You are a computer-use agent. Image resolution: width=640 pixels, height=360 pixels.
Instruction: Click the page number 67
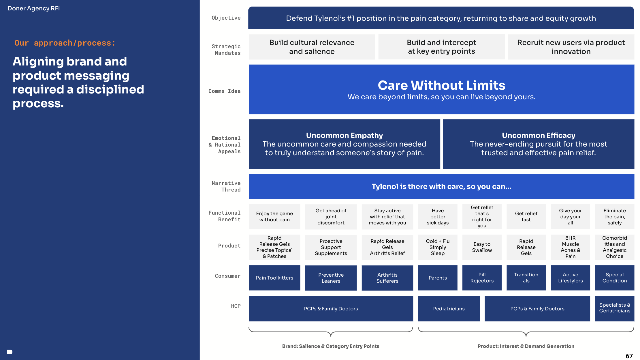point(629,356)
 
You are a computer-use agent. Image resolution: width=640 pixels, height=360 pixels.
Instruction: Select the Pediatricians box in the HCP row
point(449,309)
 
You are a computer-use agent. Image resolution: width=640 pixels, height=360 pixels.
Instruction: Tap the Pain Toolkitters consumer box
point(274,278)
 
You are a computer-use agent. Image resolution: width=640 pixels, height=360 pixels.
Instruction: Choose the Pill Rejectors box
point(482,278)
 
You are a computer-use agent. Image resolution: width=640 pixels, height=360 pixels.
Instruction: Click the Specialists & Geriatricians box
point(615,309)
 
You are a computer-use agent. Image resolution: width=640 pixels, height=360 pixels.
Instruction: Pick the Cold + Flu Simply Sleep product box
point(438,247)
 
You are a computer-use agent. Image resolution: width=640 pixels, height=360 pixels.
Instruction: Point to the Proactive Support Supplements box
point(331,247)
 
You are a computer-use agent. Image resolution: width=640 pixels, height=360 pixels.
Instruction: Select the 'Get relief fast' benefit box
point(526,217)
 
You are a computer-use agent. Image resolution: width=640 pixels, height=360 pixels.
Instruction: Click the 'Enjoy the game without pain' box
point(274,217)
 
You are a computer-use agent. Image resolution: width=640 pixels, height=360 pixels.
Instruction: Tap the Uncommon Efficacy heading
point(539,135)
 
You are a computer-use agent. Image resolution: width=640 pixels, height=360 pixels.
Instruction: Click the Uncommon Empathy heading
point(345,135)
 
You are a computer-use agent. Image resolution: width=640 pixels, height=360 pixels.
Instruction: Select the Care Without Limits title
point(441,85)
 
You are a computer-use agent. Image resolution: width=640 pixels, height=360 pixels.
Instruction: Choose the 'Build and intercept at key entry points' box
point(441,47)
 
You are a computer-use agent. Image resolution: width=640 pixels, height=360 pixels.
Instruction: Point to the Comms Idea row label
point(224,91)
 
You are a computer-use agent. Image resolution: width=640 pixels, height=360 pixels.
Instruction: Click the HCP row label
point(236,306)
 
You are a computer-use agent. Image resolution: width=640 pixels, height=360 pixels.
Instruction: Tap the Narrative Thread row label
point(226,186)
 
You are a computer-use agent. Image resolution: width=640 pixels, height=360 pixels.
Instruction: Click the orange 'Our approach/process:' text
point(65,43)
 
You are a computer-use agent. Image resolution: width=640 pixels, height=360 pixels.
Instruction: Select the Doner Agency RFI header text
point(34,8)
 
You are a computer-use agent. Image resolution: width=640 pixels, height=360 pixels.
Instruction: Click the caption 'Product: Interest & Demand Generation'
point(526,346)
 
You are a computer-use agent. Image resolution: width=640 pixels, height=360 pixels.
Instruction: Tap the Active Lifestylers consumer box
point(570,278)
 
